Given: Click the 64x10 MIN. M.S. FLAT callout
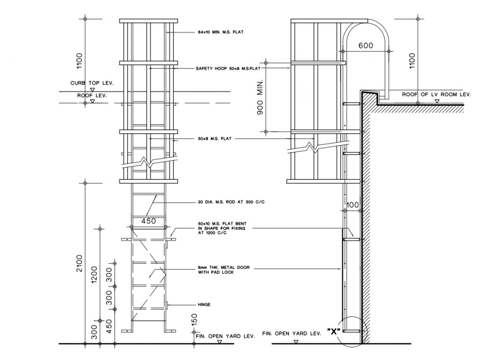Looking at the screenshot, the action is pos(221,32).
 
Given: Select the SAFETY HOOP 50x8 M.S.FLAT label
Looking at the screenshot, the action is pos(228,68).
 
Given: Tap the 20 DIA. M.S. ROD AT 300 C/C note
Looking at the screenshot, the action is pos(231,202).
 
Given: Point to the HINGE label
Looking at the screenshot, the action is pos(204,304).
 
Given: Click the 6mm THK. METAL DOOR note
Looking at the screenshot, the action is pos(224,270).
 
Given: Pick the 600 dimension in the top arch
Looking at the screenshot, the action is pos(366,46).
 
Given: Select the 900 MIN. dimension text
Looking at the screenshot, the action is pos(260,97).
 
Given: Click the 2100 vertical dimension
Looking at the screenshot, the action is pos(79,263).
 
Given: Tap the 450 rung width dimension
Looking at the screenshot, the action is pos(148,221).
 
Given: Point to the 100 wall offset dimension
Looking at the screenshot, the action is pos(352,205).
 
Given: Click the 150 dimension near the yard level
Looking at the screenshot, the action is pos(194,319).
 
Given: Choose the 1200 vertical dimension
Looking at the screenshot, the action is pos(94,274).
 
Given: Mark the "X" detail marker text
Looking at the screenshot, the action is pos(333,332).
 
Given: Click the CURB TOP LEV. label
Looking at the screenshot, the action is pos(92,83).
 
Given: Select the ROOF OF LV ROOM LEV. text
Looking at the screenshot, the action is pos(436,94).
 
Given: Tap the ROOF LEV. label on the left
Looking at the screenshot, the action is pos(92,95).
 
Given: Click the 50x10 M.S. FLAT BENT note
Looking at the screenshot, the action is pos(222,228).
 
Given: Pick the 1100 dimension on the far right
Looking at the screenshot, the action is pos(412,61).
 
